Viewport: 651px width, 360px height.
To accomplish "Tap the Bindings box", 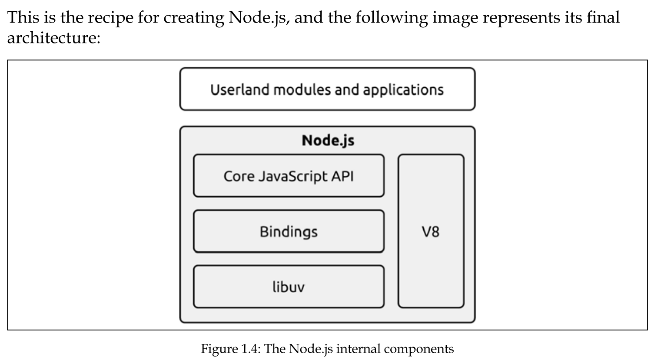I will tap(288, 231).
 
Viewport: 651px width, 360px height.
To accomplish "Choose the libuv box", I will tap(288, 287).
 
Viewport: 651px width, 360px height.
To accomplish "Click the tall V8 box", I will tap(431, 231).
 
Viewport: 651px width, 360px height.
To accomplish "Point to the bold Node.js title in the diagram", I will tap(328, 141).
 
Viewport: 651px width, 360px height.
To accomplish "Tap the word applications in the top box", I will tap(403, 90).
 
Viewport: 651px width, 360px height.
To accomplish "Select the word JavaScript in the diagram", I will tap(287, 176).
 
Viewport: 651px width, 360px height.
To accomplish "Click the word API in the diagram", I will tap(342, 176).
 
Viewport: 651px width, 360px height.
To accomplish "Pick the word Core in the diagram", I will tap(239, 176).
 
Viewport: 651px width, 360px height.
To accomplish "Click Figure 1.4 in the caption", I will tap(230, 349).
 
